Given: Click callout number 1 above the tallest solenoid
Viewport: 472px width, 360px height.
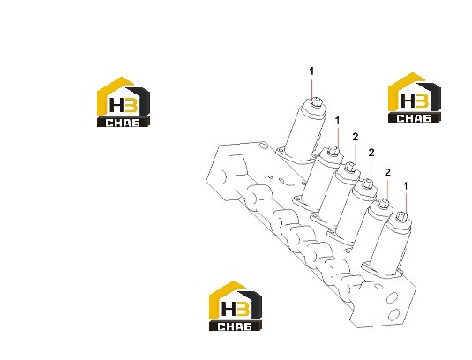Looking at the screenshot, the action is click(311, 71).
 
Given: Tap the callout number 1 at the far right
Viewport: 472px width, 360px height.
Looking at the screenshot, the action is click(406, 186).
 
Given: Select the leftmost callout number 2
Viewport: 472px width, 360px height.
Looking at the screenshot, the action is click(356, 137).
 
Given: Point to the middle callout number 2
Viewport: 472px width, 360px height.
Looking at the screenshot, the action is click(371, 153).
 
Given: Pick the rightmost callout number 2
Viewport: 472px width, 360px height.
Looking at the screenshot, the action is click(387, 172).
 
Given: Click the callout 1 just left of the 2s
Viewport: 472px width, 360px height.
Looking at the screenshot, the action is click(337, 120).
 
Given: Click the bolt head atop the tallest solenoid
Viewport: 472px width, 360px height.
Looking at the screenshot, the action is click(315, 101).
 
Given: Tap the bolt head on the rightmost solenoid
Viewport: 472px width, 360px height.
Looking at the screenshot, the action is click(401, 216).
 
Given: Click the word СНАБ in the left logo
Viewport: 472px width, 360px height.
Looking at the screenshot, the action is click(123, 123).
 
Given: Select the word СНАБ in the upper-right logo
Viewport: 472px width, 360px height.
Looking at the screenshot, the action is click(414, 118).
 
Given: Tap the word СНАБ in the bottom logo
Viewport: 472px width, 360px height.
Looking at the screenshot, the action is click(235, 326).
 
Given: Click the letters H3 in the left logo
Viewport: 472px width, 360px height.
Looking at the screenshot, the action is click(124, 105).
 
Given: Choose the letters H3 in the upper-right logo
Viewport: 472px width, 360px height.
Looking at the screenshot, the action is click(415, 101).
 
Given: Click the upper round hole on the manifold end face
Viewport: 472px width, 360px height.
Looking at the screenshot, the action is click(393, 298).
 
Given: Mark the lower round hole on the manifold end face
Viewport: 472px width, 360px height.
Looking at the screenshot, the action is click(393, 315).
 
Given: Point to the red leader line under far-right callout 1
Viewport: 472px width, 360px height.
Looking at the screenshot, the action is click(406, 203).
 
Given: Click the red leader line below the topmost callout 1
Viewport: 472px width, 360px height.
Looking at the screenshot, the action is click(311, 87).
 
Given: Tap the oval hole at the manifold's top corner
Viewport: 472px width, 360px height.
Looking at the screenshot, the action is click(264, 146).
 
